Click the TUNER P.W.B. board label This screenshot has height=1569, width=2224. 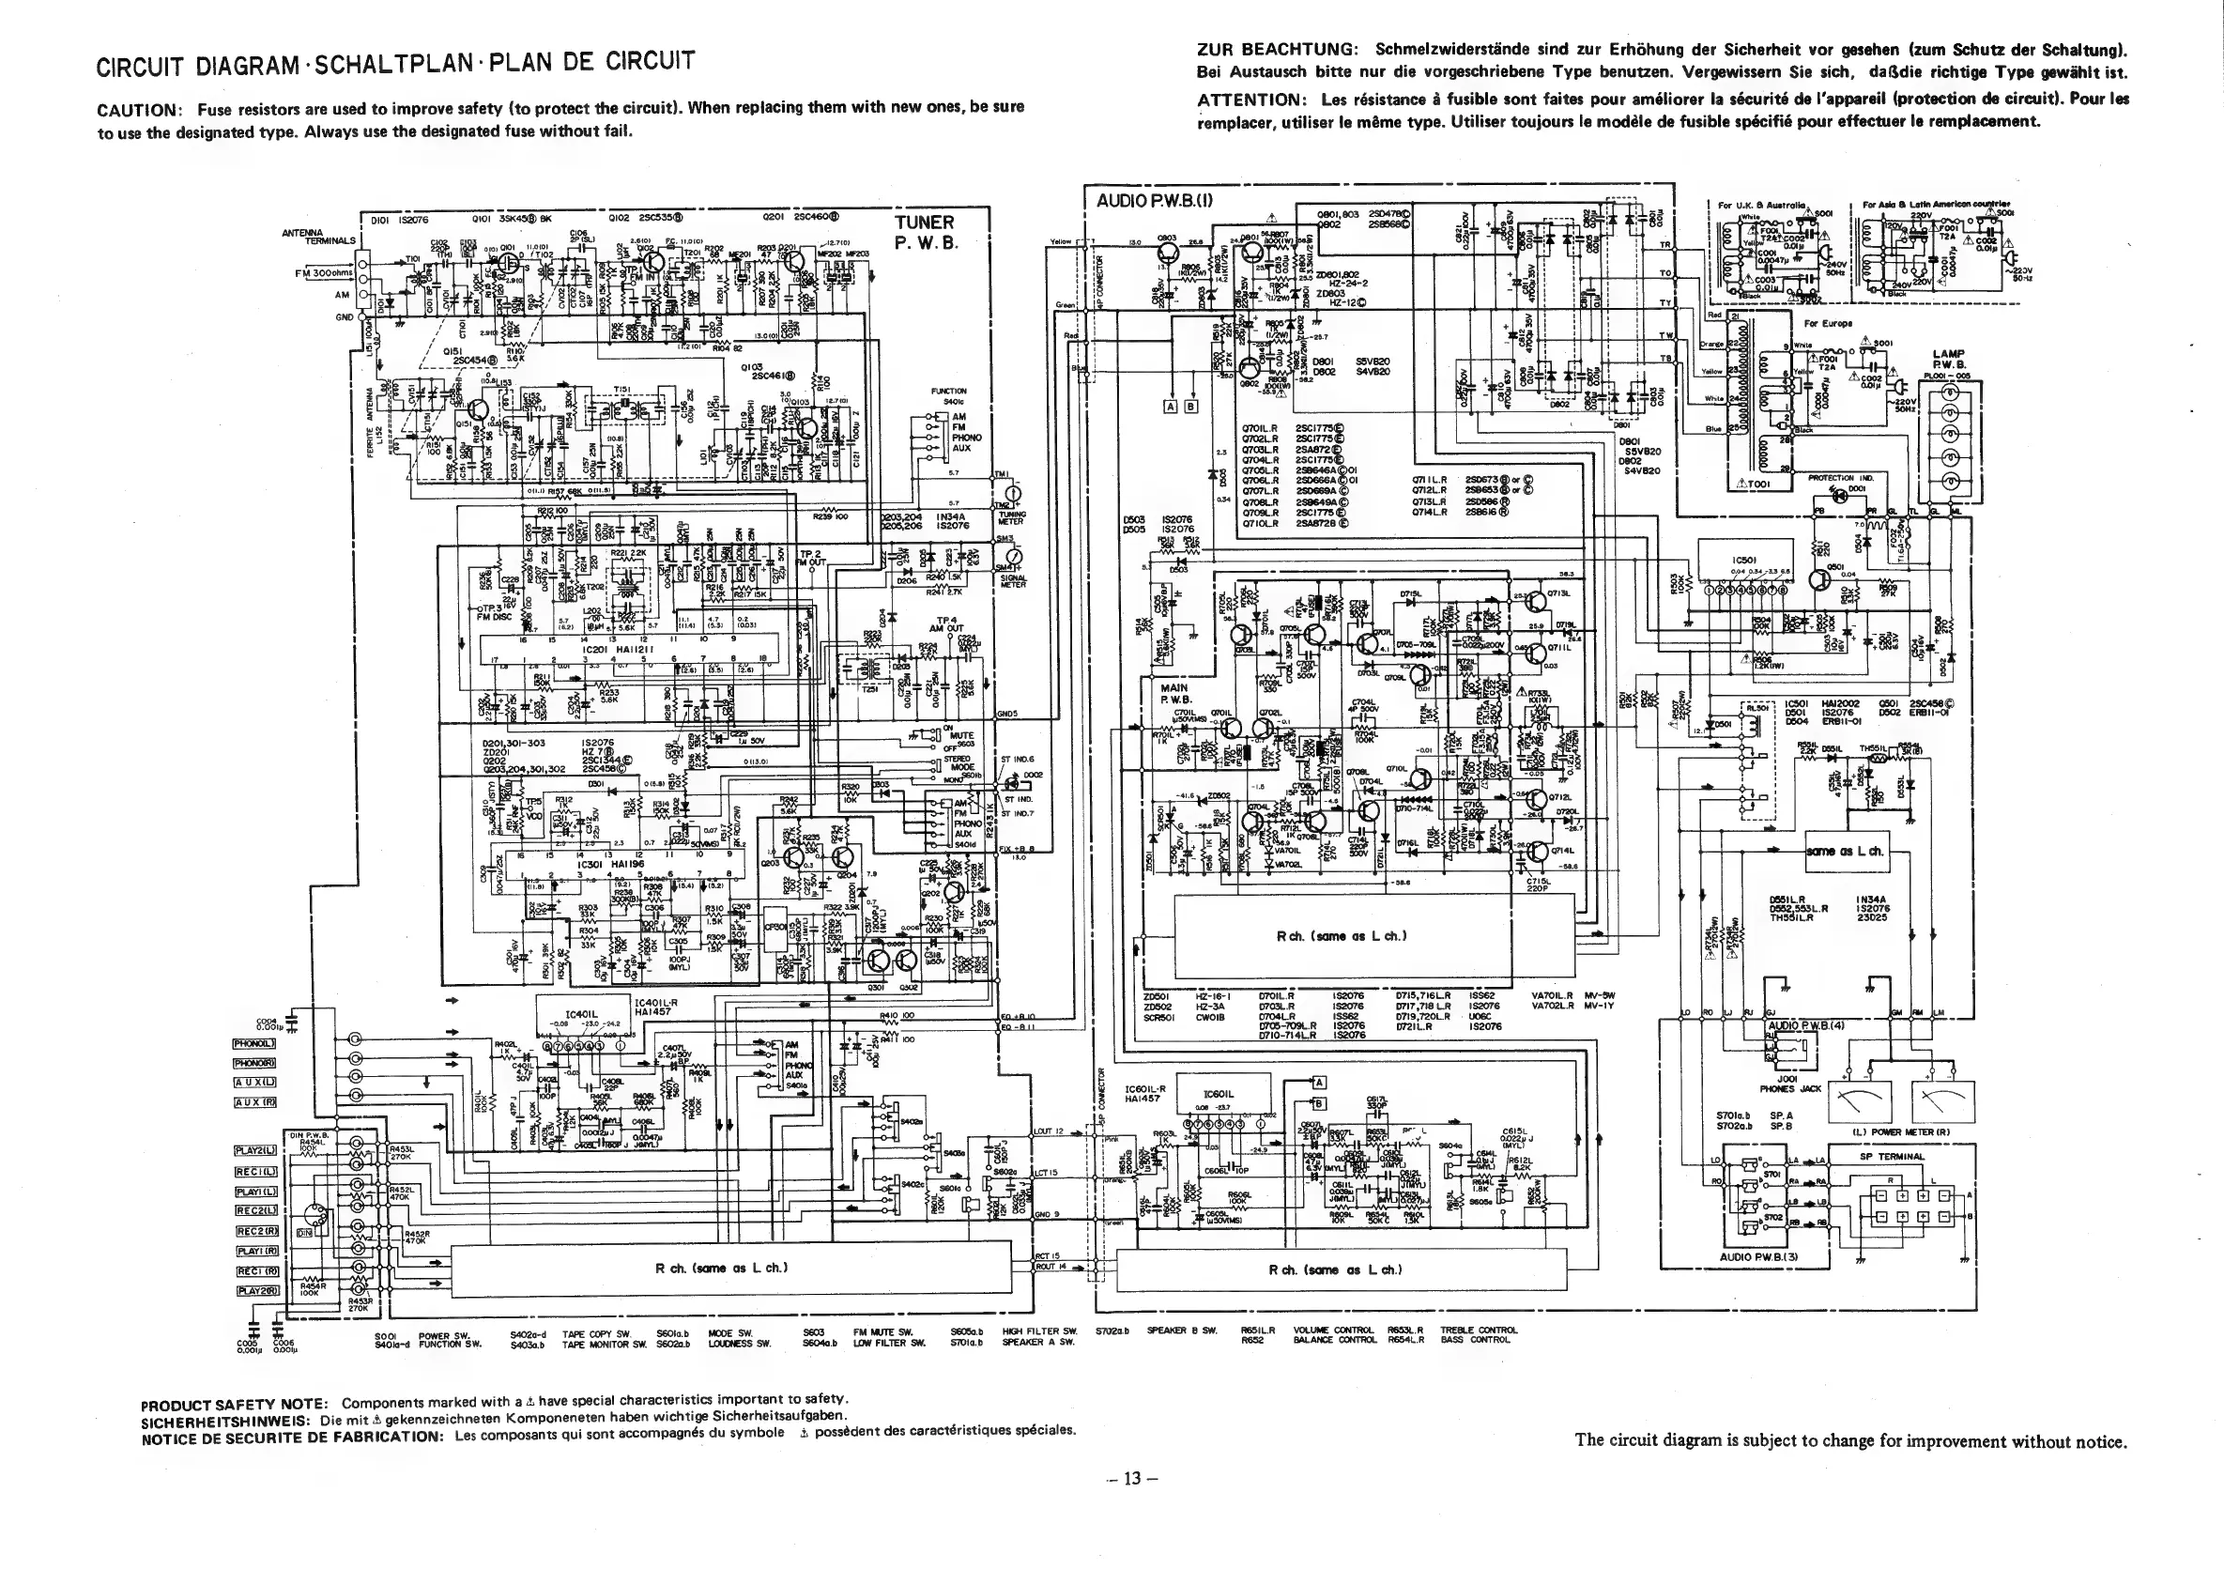click(x=924, y=233)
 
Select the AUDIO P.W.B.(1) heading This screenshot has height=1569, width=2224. click(x=1155, y=202)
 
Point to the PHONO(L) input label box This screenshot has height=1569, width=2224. click(x=254, y=1043)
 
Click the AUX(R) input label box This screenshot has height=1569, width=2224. click(x=254, y=1102)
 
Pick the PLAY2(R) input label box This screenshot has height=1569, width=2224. click(x=256, y=1290)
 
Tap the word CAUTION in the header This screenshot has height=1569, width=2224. click(x=134, y=110)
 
